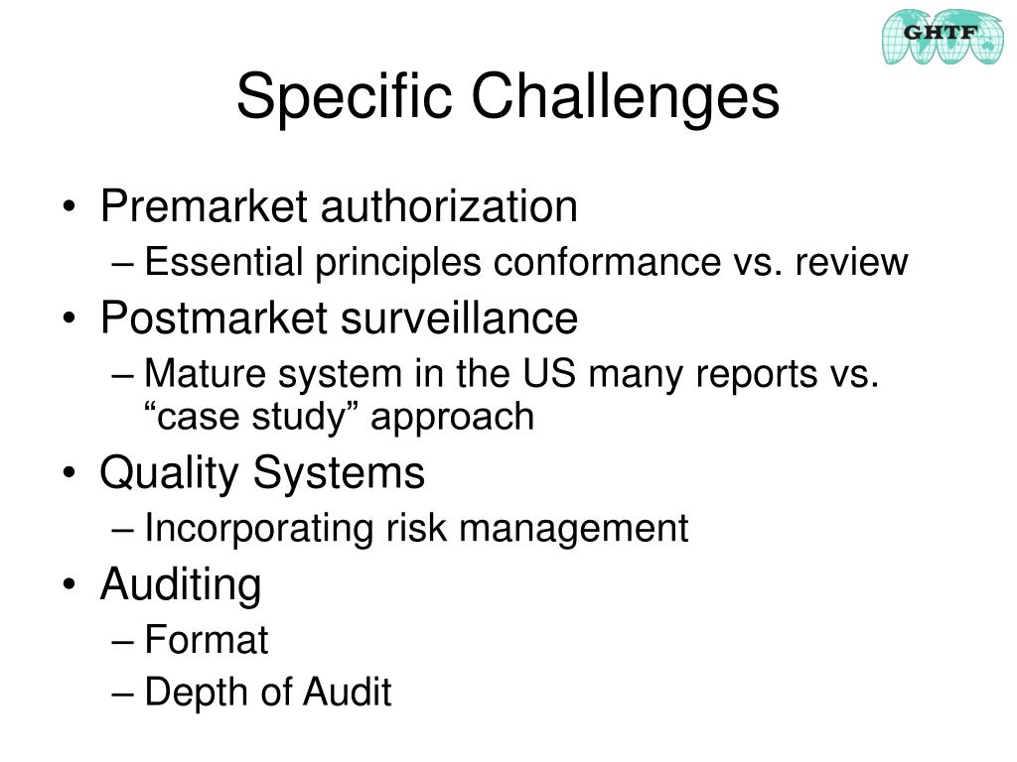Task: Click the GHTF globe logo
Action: (943, 37)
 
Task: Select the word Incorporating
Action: (258, 529)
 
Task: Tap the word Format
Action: (206, 640)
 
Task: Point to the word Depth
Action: (190, 693)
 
